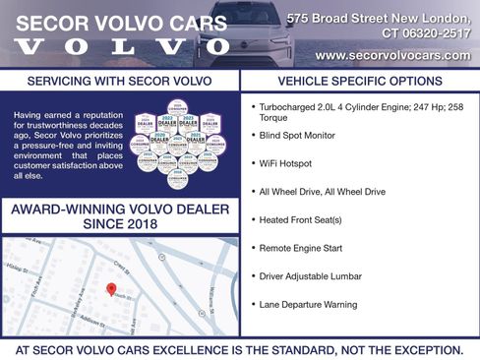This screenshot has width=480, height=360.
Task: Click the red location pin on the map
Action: pos(110,288)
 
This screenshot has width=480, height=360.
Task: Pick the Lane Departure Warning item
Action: pos(308,304)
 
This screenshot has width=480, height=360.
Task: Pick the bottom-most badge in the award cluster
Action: pos(177,180)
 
